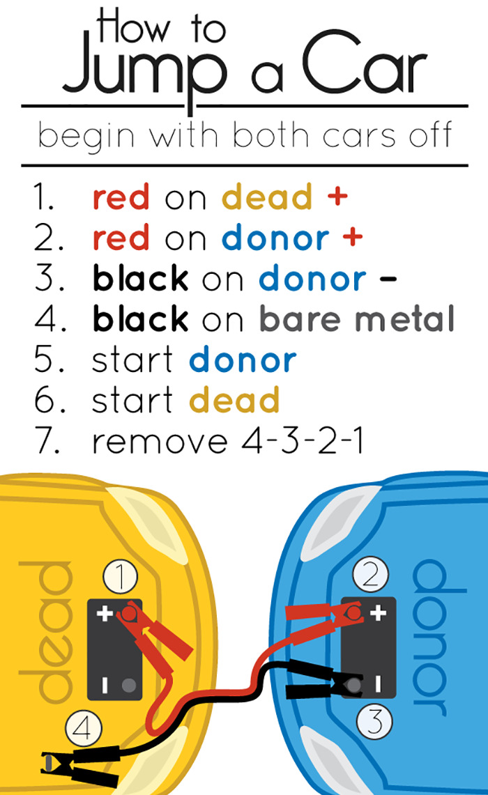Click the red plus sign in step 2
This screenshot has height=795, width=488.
(353, 238)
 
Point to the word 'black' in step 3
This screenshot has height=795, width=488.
(140, 279)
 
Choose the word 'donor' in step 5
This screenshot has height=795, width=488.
(243, 361)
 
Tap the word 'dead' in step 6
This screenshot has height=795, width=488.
(234, 401)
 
